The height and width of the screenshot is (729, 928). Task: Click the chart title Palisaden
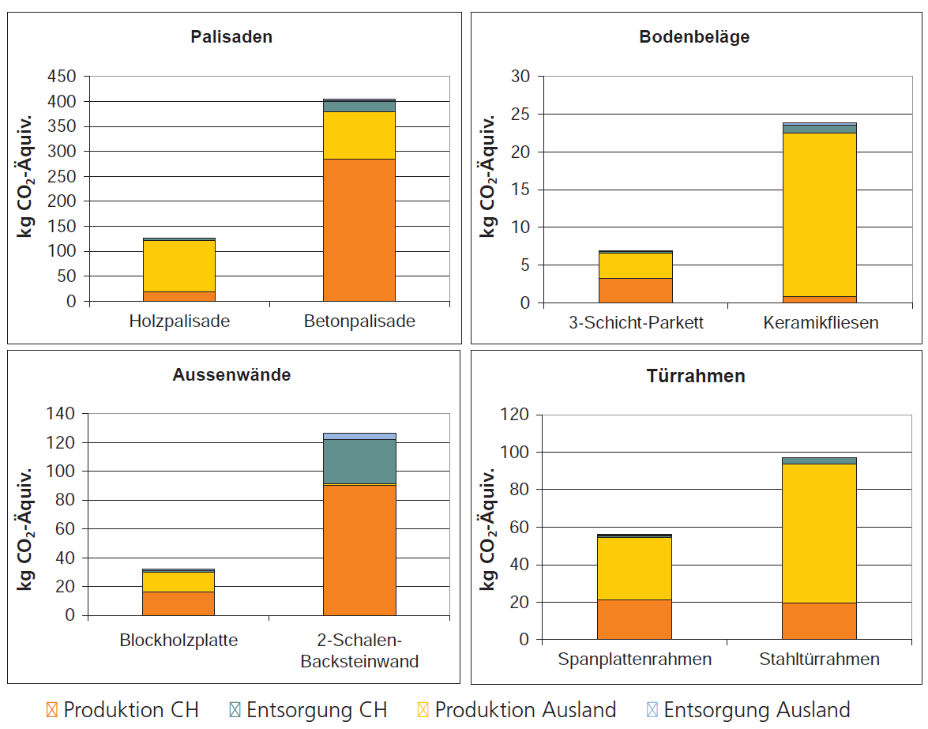tap(231, 37)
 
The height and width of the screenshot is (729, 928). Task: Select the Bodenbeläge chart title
tap(694, 37)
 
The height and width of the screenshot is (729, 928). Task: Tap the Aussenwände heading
tap(231, 375)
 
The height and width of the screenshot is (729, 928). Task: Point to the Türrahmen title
tap(694, 376)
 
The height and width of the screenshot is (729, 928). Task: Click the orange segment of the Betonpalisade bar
tap(359, 230)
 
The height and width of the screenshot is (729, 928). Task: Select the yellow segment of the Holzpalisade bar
tap(178, 265)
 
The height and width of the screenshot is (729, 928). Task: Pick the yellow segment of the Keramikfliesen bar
tap(819, 214)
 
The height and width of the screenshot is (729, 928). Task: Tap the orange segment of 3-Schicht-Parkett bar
tap(635, 290)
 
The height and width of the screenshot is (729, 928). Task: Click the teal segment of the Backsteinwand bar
tap(359, 461)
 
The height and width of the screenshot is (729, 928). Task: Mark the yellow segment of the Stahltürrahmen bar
tap(819, 533)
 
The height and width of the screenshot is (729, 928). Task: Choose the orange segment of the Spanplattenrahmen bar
tap(634, 619)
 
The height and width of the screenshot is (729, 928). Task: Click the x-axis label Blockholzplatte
tap(178, 640)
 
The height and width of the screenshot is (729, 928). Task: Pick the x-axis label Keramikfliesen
tap(821, 323)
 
